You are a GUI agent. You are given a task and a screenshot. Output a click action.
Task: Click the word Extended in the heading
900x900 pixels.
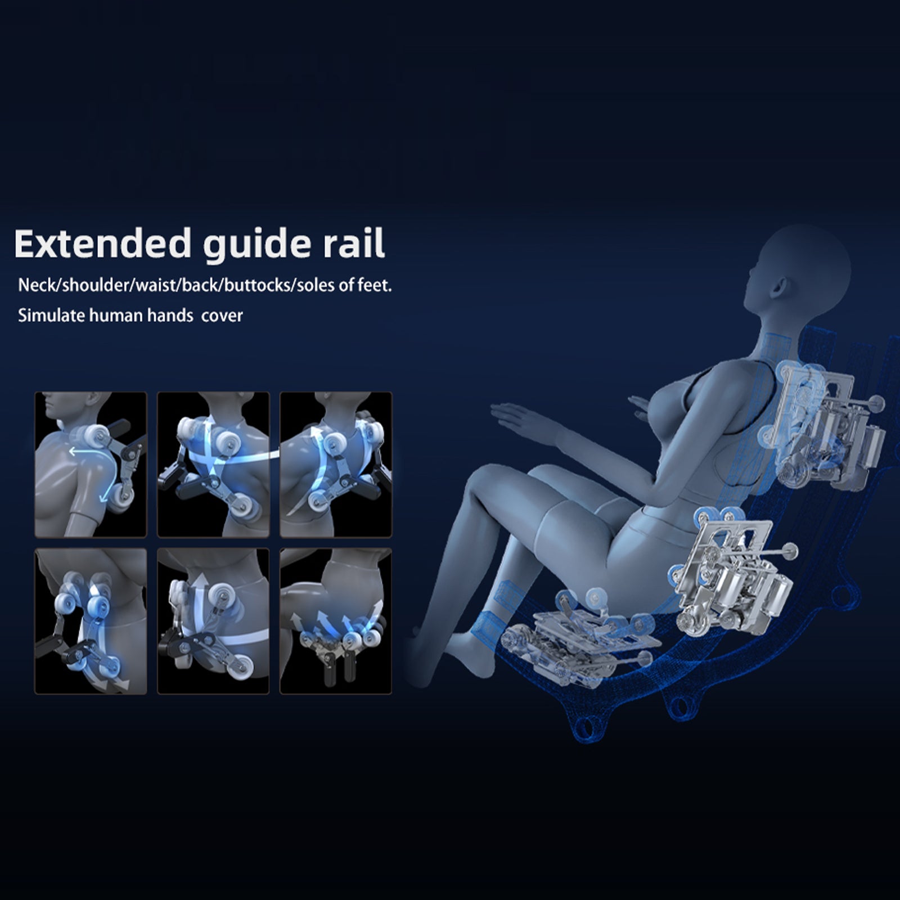click(102, 243)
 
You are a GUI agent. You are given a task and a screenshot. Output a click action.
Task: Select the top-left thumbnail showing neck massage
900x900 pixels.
click(91, 465)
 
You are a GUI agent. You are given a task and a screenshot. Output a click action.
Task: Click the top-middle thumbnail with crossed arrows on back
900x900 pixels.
click(213, 465)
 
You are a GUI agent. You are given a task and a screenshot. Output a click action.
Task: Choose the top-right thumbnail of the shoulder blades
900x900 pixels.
click(336, 465)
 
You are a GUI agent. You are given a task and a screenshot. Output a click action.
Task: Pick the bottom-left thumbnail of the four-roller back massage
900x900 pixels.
click(91, 621)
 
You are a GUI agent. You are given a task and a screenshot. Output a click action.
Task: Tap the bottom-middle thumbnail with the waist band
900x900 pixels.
click(213, 621)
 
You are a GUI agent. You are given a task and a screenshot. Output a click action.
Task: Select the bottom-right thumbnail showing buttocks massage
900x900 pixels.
click(336, 621)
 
